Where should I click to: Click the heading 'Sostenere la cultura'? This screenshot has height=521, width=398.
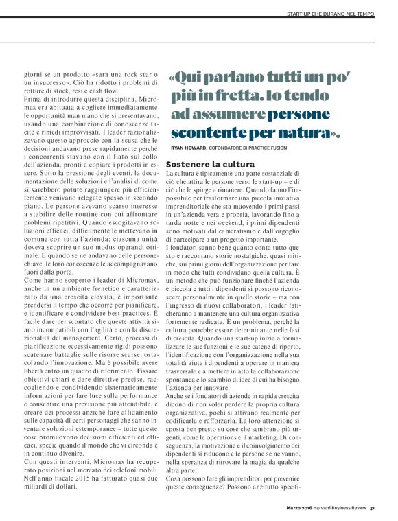pos(210,165)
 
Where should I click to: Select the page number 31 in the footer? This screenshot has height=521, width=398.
pos(372,508)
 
